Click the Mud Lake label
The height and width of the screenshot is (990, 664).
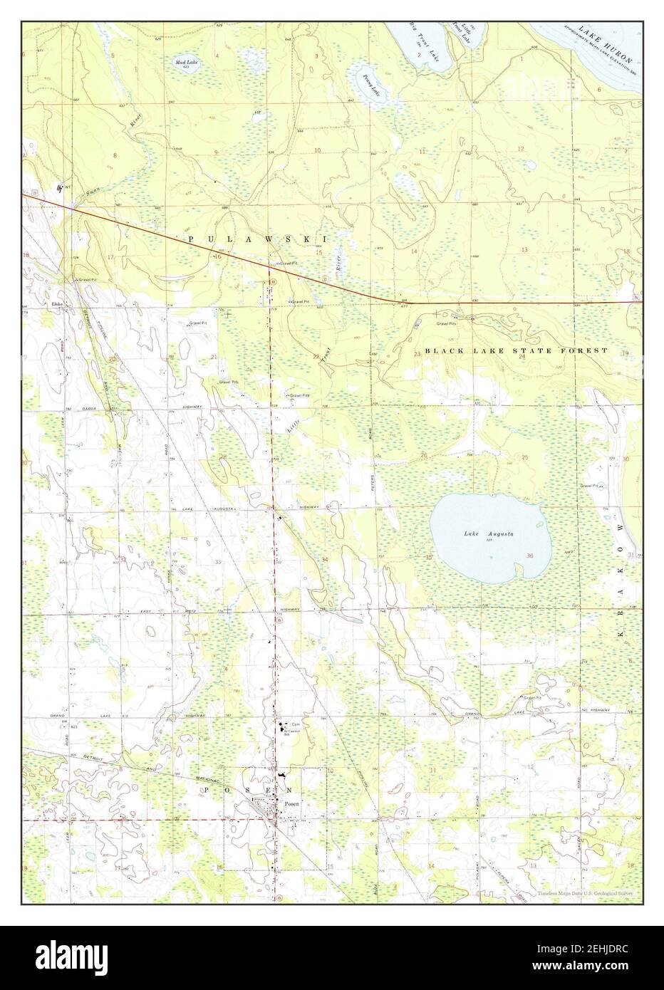click(187, 63)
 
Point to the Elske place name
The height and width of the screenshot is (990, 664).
click(58, 305)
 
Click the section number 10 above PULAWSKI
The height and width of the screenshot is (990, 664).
click(318, 150)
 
